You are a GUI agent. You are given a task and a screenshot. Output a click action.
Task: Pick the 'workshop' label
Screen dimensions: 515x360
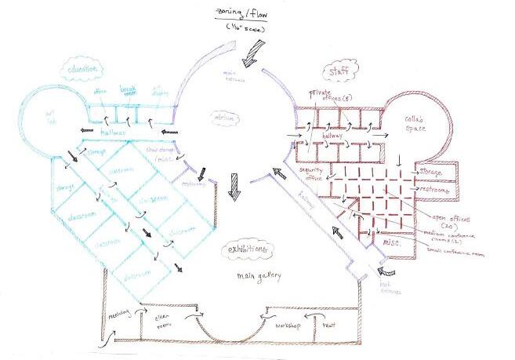[x=284, y=323]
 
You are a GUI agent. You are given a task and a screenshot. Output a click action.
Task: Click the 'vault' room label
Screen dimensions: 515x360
[x=329, y=322]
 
